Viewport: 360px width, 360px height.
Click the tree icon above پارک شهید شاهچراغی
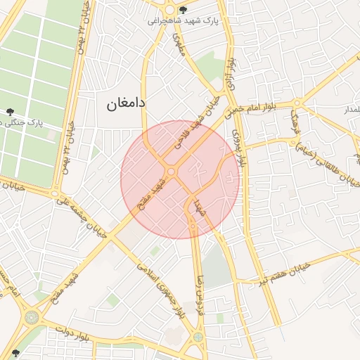click(x=184, y=10)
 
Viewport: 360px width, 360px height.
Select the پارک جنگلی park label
click(x=21, y=122)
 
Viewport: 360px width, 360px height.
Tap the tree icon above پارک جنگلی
click(x=10, y=111)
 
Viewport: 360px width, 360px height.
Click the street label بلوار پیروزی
click(x=241, y=146)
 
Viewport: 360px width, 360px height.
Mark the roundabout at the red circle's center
click(x=171, y=172)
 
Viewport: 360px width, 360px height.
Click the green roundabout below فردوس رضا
click(x=198, y=336)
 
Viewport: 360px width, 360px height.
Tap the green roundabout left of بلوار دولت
click(x=31, y=317)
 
